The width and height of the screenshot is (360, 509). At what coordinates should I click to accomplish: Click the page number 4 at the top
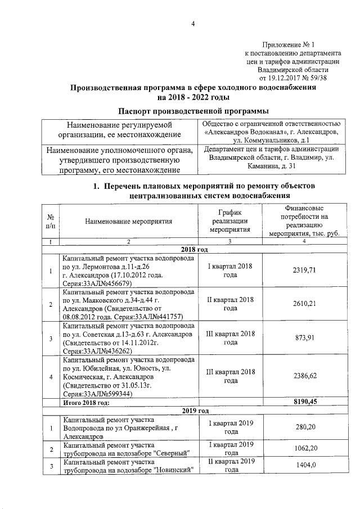[192, 24]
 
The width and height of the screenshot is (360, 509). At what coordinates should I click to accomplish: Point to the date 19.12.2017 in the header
[287, 78]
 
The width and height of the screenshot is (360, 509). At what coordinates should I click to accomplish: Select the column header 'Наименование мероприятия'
[128, 222]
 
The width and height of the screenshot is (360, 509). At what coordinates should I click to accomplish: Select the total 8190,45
[305, 402]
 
